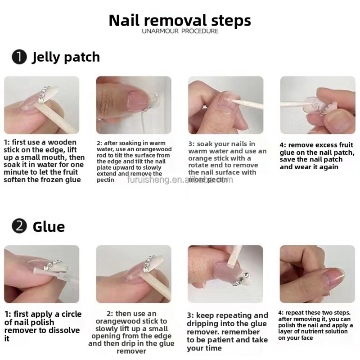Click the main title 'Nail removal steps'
point(180,20)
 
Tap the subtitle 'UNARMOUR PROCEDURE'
point(180,31)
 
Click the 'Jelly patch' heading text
point(66,58)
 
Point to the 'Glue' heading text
point(49,226)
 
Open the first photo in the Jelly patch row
point(42,105)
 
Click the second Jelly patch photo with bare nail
point(134,105)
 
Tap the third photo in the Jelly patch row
point(225,105)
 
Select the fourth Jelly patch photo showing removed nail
point(317,105)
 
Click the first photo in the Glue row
point(42,274)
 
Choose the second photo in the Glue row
point(134,274)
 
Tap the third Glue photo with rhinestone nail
point(225,274)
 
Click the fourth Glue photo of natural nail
point(317,274)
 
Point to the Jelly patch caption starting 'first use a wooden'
point(44,161)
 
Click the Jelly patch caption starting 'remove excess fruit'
point(317,156)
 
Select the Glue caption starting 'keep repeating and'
point(227,332)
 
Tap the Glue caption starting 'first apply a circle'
point(43,326)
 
